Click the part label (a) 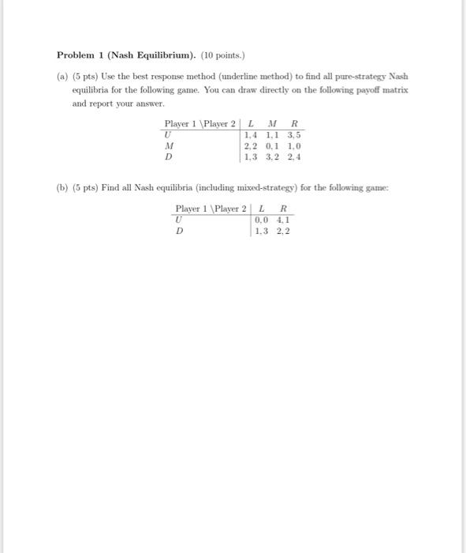pyautogui.click(x=62, y=77)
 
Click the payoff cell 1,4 pyautogui.click(x=252, y=135)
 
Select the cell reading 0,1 pyautogui.click(x=272, y=146)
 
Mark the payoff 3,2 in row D pyautogui.click(x=272, y=157)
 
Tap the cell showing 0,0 pyautogui.click(x=262, y=220)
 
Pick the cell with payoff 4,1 pyautogui.click(x=281, y=220)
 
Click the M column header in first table pyautogui.click(x=272, y=124)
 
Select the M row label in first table pyautogui.click(x=169, y=146)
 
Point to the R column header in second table pyautogui.click(x=282, y=209)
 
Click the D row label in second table pyautogui.click(x=179, y=231)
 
